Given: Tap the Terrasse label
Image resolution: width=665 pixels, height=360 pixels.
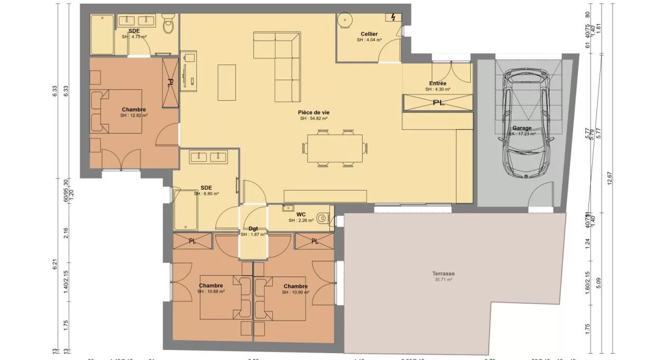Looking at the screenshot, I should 442,273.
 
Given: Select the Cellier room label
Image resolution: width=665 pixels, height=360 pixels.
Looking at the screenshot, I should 369,34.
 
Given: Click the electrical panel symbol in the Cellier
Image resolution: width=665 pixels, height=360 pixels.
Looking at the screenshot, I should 393,18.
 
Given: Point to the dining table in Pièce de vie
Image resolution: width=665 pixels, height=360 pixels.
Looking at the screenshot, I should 335,147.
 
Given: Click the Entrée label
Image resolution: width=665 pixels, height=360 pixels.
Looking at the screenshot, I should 438,83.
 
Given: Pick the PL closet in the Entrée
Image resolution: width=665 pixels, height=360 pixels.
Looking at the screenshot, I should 438,102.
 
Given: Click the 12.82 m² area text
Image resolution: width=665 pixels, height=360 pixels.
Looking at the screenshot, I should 134,115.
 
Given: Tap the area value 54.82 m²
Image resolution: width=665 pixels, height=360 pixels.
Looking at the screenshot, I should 313,119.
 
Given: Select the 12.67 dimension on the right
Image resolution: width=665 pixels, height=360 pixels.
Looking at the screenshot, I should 610,179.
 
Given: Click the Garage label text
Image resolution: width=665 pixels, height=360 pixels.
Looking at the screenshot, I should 522,128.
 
